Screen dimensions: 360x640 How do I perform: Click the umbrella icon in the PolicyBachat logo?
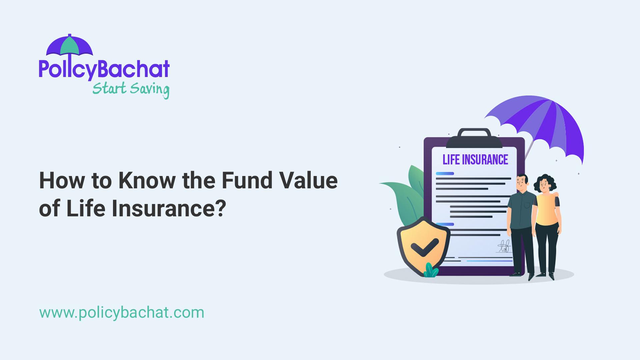pyautogui.click(x=69, y=46)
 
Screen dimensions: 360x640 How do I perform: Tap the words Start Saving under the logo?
pyautogui.click(x=131, y=89)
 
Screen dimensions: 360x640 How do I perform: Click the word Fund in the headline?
pyautogui.click(x=247, y=181)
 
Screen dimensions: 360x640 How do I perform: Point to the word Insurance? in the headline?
pyautogui.click(x=169, y=209)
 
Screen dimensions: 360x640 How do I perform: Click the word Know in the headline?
pyautogui.click(x=147, y=181)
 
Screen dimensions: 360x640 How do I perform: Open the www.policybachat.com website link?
pyautogui.click(x=122, y=313)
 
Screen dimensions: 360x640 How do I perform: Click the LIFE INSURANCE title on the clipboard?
pyautogui.click(x=475, y=160)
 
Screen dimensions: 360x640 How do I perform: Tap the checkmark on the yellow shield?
pyautogui.click(x=424, y=247)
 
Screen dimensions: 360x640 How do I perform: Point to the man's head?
pyautogui.click(x=522, y=182)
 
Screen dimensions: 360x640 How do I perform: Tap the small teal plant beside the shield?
pyautogui.click(x=431, y=271)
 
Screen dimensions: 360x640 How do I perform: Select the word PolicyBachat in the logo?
pyautogui.click(x=104, y=69)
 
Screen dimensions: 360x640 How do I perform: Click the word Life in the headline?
pyautogui.click(x=86, y=209)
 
